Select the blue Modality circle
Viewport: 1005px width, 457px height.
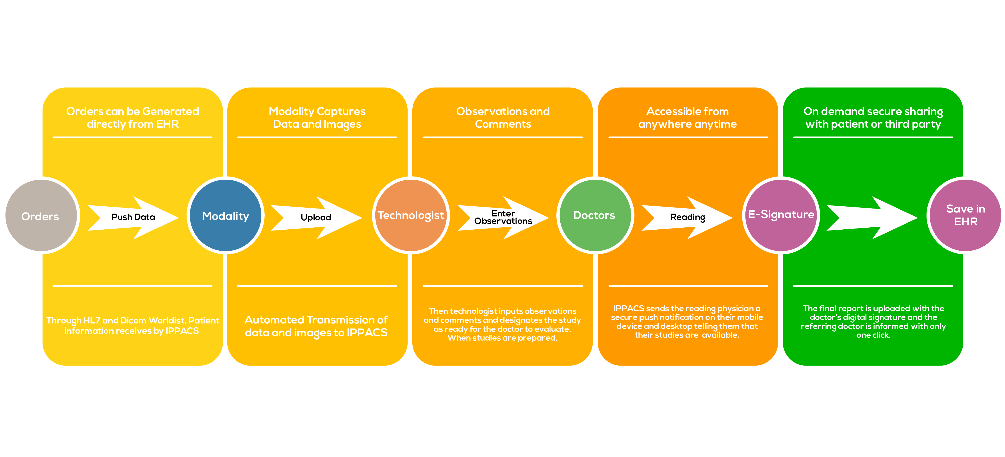click(x=226, y=215)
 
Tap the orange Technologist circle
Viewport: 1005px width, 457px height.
click(x=411, y=215)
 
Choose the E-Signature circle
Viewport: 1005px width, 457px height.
click(x=781, y=215)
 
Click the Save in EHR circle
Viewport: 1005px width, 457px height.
click(x=965, y=215)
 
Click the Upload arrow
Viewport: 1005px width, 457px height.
click(x=316, y=217)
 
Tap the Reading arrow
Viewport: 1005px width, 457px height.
click(x=687, y=217)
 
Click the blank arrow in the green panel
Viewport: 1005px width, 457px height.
click(x=872, y=217)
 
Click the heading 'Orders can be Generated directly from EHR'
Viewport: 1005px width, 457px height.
click(x=133, y=118)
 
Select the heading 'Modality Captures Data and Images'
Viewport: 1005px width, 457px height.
click(x=317, y=118)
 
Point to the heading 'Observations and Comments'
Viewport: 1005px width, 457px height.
click(x=503, y=118)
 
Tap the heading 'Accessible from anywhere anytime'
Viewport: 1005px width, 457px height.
click(x=687, y=118)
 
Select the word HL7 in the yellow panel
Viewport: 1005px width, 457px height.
click(x=92, y=320)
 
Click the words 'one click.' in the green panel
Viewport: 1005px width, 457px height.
click(x=873, y=335)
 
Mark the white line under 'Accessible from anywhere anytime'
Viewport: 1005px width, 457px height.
click(x=688, y=137)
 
